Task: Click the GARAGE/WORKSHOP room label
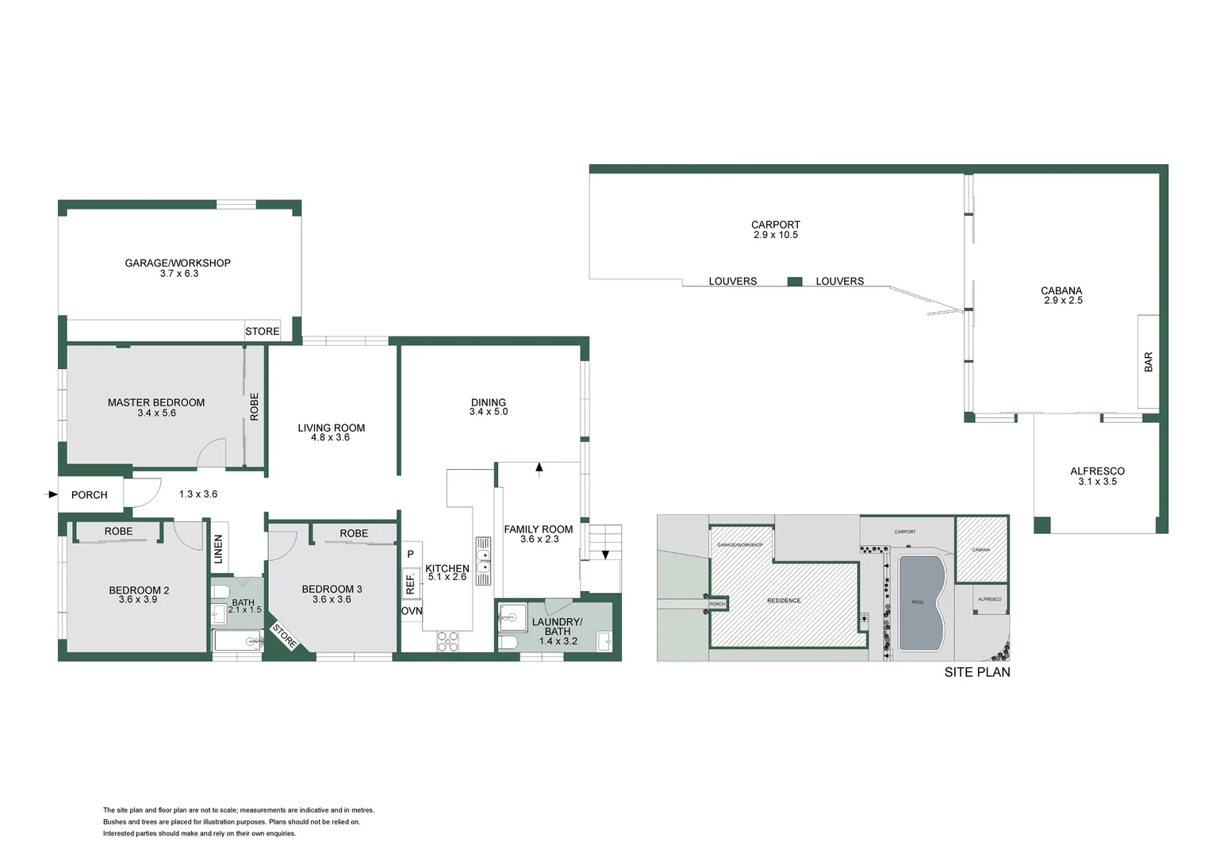(x=178, y=263)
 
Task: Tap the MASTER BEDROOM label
(x=156, y=402)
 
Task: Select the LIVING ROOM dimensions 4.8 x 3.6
(x=330, y=437)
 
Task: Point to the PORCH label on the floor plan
(x=89, y=495)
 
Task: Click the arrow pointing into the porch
(x=52, y=494)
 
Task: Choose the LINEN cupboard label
(x=219, y=549)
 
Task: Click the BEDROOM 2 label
(x=139, y=590)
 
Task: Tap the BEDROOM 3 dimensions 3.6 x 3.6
(x=332, y=599)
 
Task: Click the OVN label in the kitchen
(x=412, y=611)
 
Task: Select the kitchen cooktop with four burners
(x=447, y=641)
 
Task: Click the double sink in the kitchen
(x=483, y=560)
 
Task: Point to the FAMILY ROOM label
(x=539, y=529)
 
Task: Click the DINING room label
(x=489, y=402)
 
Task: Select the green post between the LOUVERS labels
(x=795, y=281)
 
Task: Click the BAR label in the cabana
(x=1149, y=362)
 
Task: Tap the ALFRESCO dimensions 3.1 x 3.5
(x=1097, y=482)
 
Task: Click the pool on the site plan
(x=920, y=601)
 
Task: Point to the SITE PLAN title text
(x=977, y=672)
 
